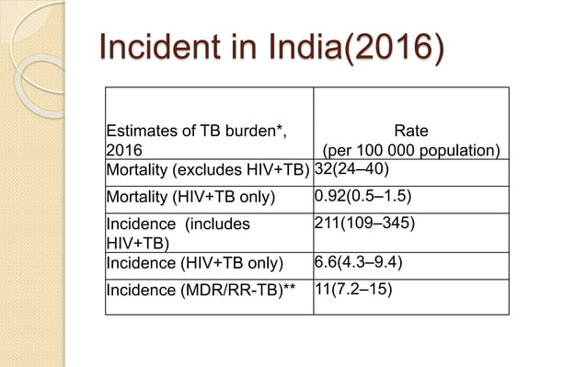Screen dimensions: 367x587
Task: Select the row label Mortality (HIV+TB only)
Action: pos(190,197)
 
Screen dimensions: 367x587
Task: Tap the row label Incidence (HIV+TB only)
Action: pos(190,263)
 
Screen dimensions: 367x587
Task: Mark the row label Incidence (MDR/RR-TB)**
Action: pos(202,290)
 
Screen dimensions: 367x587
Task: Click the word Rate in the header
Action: pos(409,131)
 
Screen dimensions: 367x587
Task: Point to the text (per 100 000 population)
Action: pos(410,150)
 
